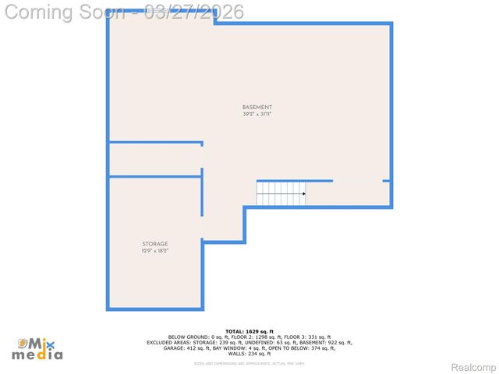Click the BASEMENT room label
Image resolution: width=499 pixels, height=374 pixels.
[257, 108]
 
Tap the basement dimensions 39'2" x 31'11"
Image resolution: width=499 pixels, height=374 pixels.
[257, 115]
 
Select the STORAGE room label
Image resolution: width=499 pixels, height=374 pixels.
[154, 244]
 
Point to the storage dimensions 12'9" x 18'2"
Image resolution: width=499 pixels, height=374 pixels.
[154, 251]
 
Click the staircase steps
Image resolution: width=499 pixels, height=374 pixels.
[279, 193]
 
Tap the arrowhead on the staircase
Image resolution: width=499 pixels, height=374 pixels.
[303, 193]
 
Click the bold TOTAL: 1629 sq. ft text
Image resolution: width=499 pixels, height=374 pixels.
[249, 331]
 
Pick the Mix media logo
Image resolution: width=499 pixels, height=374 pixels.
[37, 348]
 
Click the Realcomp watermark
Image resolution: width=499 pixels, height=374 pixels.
[474, 367]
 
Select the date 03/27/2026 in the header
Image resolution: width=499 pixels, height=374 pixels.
[194, 12]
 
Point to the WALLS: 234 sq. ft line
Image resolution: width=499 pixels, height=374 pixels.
[249, 353]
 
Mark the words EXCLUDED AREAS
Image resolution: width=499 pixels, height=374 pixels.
[167, 342]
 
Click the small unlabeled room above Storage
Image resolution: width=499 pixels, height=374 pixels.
[154, 160]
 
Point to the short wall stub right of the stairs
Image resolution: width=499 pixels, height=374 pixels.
[386, 181]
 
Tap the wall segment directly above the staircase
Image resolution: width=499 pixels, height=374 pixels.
[295, 181]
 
